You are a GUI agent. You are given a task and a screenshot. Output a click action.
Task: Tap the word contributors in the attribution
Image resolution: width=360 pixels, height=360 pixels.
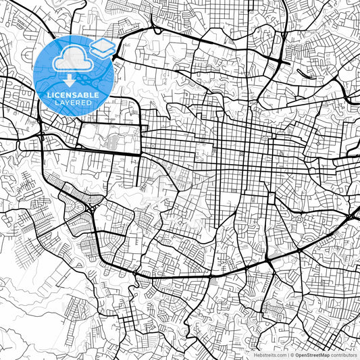343,354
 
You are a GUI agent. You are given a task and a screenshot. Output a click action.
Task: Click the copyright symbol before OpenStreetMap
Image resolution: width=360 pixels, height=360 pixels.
292,354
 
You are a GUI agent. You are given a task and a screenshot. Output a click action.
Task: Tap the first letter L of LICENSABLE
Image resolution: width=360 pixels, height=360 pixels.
48,95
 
